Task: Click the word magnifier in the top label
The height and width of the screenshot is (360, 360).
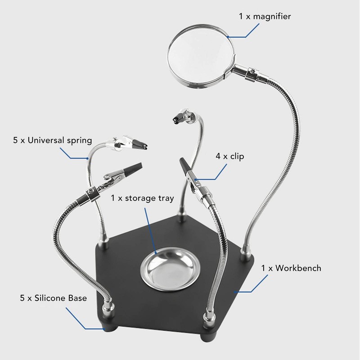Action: tap(272, 17)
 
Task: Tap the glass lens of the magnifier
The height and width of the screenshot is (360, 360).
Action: tap(201, 56)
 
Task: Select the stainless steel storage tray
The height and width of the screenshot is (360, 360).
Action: tap(170, 268)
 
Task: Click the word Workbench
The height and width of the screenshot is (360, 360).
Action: tap(298, 268)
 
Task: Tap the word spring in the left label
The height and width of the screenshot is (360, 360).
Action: tap(79, 141)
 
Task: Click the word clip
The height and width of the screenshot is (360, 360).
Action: tap(237, 156)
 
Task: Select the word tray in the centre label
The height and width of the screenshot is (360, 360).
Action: tap(166, 198)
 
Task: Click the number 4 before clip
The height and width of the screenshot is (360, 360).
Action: tap(218, 157)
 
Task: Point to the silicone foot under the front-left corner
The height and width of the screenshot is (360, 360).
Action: tap(110, 325)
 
